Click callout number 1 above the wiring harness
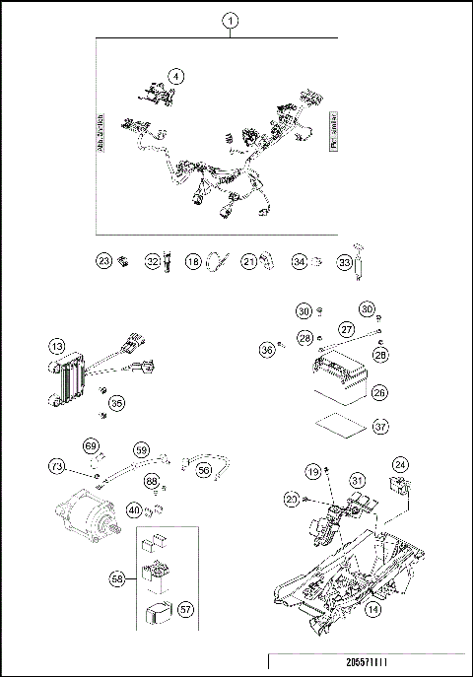point(230,20)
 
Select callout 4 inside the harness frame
point(175,75)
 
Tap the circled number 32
point(152,261)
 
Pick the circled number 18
point(194,261)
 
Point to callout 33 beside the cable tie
point(344,262)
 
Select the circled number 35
point(117,402)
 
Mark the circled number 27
point(347,328)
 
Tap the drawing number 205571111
point(369,664)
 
